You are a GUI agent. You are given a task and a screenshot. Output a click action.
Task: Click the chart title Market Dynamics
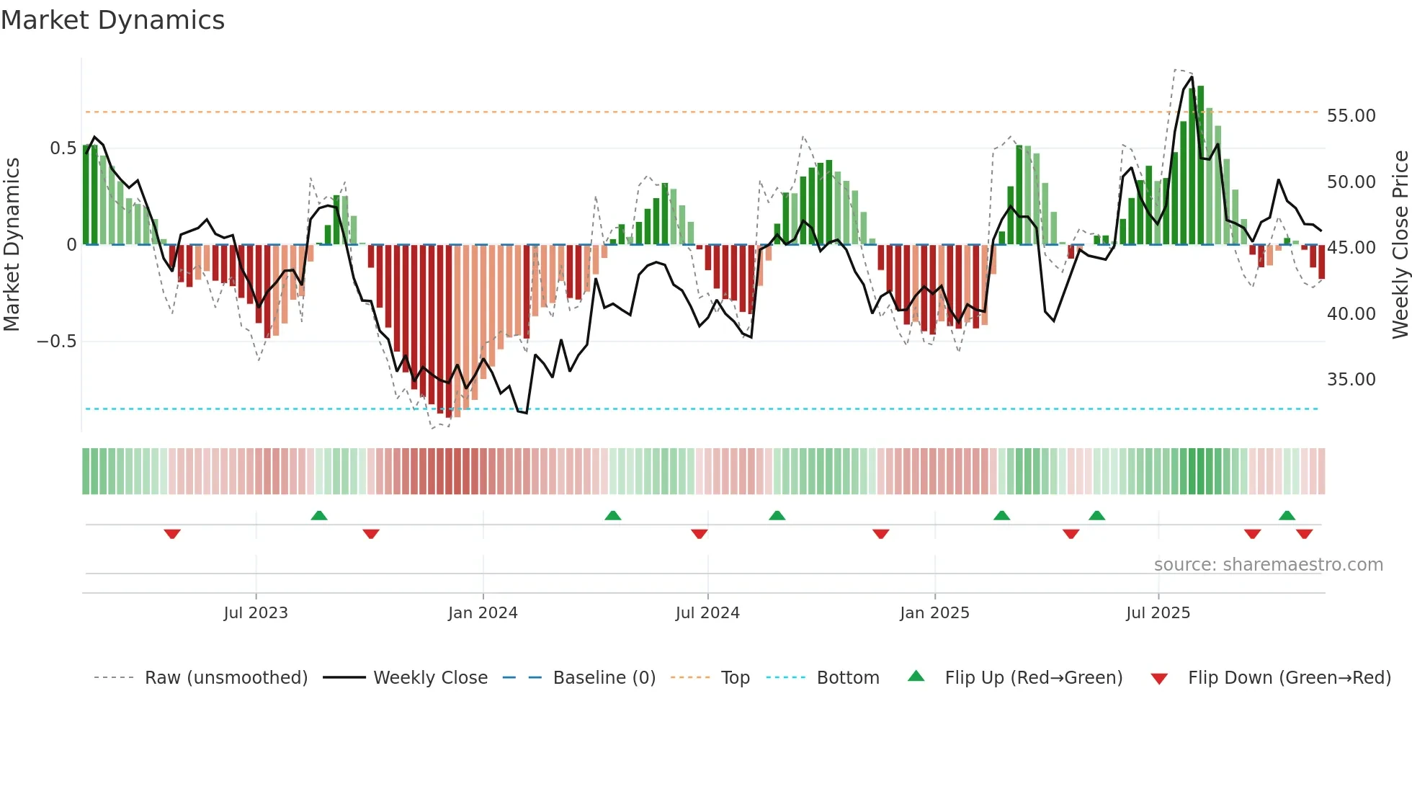[113, 20]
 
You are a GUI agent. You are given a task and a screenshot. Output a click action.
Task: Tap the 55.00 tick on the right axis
[1351, 116]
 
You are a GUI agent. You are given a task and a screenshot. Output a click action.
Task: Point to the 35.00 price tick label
[1351, 380]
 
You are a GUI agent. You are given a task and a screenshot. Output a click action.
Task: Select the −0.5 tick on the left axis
[57, 342]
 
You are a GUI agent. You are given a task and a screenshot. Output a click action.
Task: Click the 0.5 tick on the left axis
[63, 148]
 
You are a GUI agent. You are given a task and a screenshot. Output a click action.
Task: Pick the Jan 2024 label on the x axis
[483, 613]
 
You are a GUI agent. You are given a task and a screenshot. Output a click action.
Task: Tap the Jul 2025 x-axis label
[1158, 613]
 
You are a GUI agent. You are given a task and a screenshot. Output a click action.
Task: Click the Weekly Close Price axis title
[1400, 244]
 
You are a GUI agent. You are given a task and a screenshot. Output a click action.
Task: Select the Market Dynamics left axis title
[12, 244]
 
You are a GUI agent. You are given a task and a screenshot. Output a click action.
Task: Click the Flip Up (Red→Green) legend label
[1033, 678]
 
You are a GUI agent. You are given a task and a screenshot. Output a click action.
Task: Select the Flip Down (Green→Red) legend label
[1289, 678]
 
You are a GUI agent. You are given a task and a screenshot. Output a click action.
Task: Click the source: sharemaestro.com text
[1268, 565]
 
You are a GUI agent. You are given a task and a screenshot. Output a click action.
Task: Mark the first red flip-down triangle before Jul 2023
[172, 534]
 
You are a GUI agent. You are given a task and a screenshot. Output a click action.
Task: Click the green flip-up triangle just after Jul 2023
[319, 515]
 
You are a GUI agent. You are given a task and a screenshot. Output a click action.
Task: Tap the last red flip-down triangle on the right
[1304, 534]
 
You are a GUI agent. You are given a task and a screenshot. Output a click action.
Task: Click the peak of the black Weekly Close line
[1192, 78]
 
